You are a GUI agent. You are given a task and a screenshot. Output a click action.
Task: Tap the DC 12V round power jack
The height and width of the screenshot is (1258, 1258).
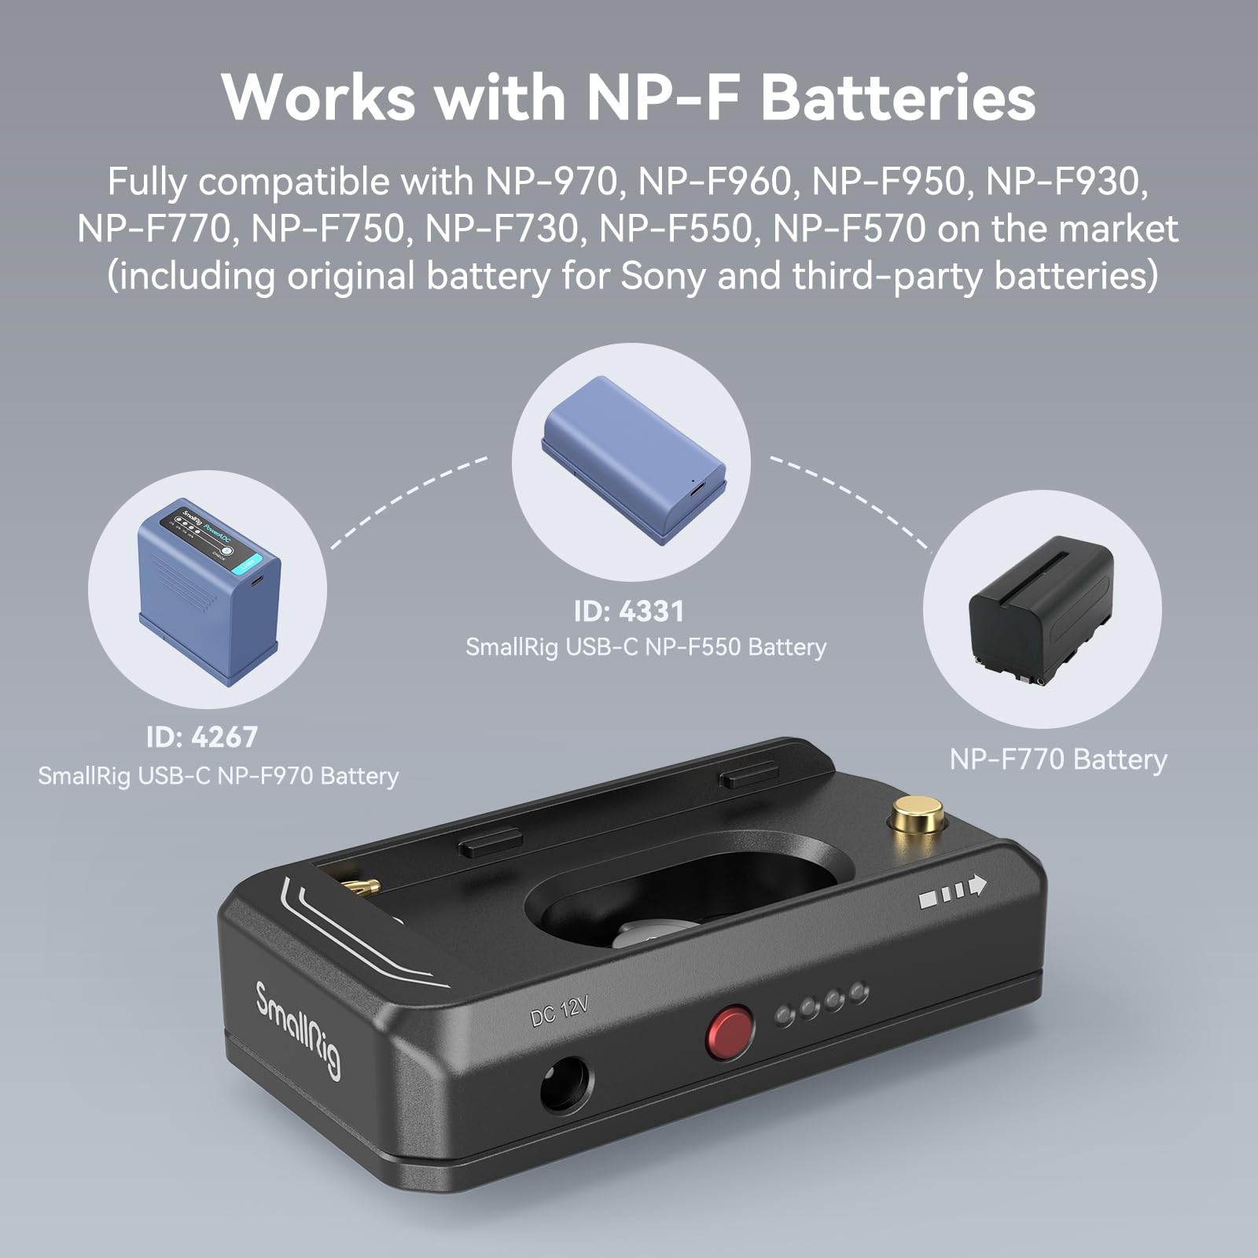[x=565, y=1086]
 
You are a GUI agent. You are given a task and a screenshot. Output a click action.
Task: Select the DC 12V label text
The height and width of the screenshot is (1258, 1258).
[x=559, y=1011]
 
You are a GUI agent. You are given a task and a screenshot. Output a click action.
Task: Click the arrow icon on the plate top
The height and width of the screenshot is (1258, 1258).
[x=953, y=890]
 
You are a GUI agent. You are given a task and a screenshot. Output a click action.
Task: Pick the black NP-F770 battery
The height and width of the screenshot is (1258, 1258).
[x=1041, y=609]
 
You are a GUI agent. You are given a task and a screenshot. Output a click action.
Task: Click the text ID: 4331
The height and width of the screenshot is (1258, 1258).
[x=629, y=612]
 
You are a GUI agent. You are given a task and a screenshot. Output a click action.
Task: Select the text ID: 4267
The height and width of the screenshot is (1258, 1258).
[x=202, y=737]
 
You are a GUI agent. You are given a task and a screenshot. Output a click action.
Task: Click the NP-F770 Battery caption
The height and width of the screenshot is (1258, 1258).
[x=1058, y=760]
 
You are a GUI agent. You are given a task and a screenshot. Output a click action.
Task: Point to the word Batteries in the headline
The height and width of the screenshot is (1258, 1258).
[x=898, y=97]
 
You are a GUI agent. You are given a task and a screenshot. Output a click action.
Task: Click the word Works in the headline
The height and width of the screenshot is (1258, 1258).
[x=318, y=97]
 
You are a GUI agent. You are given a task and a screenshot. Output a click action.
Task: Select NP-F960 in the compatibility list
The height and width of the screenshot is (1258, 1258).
[x=714, y=182]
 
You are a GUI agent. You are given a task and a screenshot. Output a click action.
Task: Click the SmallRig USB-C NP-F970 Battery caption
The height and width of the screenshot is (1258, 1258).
[x=219, y=776]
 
